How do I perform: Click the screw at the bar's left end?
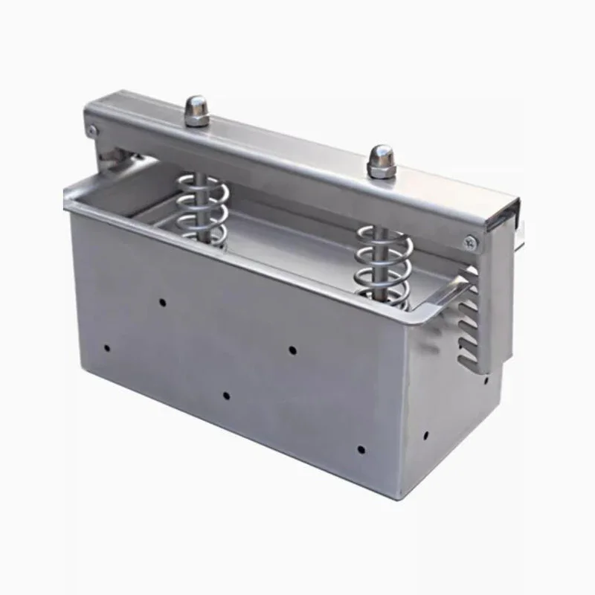point(91,130)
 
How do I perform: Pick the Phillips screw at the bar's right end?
point(469,240)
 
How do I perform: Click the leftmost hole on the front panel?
point(107,347)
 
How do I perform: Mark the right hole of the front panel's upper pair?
point(292,348)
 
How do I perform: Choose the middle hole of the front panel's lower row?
point(226,394)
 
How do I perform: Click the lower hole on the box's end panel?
point(426,435)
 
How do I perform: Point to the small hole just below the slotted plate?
point(485,379)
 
